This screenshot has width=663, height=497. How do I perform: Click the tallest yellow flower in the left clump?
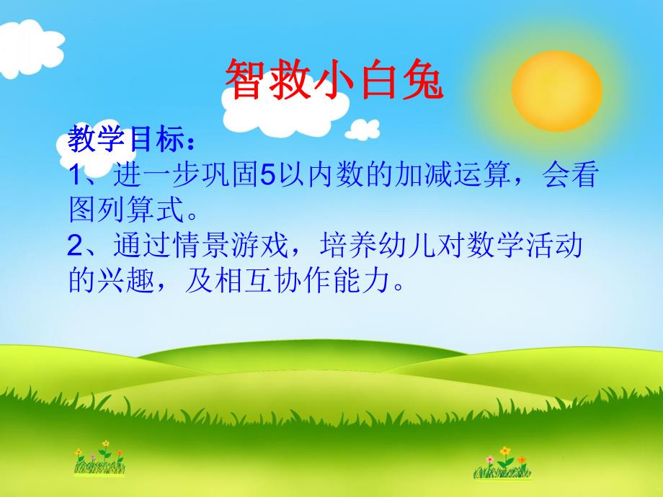pyautogui.click(x=105, y=444)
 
